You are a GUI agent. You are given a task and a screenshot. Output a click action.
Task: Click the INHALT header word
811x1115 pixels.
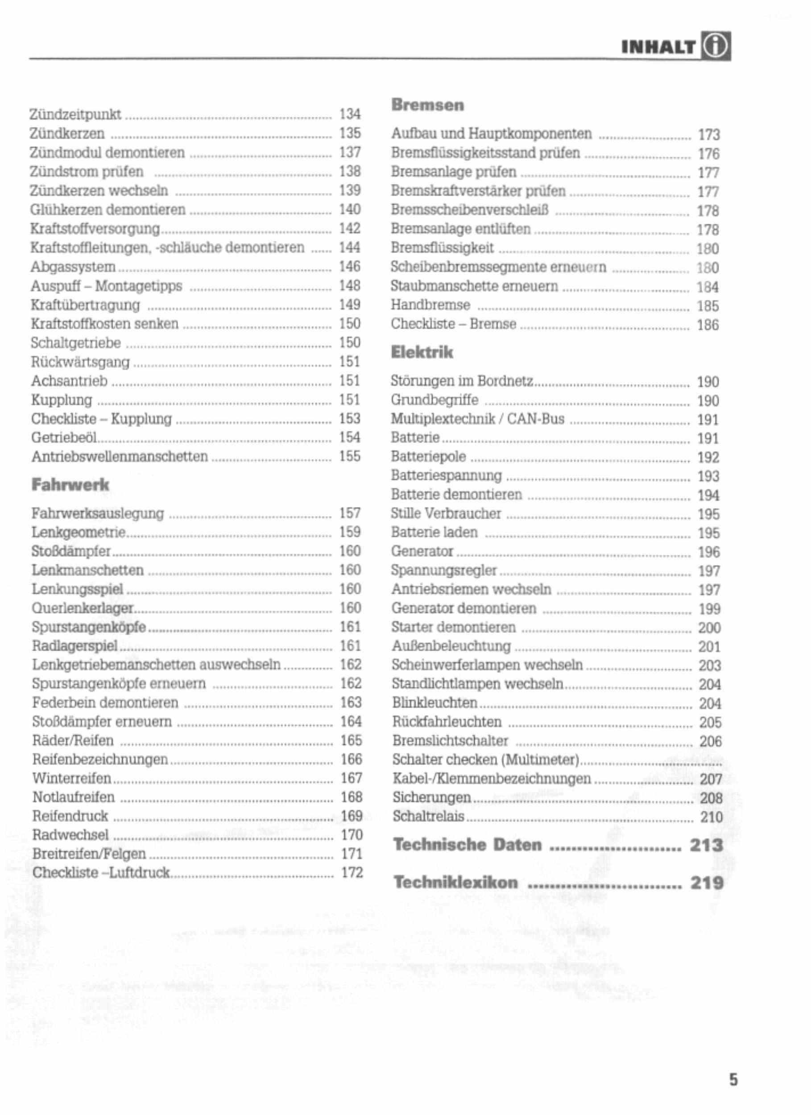pos(658,47)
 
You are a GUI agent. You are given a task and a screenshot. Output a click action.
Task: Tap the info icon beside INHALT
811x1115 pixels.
pos(716,47)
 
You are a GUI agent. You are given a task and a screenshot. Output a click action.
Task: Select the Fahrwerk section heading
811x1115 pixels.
pos(70,485)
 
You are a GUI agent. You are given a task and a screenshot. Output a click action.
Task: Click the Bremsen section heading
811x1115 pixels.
pos(427,105)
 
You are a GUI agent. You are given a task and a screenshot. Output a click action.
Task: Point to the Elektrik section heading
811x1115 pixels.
pos(422,352)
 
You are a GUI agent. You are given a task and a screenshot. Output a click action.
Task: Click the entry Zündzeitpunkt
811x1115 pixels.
pos(75,115)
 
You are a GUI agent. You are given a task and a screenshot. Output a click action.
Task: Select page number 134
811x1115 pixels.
pos(350,114)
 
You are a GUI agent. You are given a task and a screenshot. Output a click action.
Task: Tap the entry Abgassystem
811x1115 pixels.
pos(73,267)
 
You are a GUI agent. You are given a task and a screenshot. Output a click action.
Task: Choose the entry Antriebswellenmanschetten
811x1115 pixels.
pos(120,457)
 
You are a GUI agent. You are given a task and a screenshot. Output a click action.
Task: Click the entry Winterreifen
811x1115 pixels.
pos(72,778)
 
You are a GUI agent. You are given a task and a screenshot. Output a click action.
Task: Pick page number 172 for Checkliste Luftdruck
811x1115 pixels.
pos(352,873)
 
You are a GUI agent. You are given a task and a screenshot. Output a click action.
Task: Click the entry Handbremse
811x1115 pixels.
pos(430,306)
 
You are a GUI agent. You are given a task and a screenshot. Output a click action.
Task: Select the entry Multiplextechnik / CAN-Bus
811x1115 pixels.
pos(477,419)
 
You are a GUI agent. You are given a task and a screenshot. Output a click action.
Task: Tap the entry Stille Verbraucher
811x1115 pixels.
pos(446,514)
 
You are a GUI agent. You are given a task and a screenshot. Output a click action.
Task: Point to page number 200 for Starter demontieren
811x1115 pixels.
pos(709,628)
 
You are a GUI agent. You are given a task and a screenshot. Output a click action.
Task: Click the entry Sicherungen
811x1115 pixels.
pos(431,797)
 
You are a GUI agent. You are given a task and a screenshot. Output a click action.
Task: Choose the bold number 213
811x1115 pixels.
pos(706,845)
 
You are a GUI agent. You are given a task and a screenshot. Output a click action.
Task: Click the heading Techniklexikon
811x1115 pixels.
pos(455,883)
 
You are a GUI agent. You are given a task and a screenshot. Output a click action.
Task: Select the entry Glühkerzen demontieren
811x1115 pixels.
pos(108,210)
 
